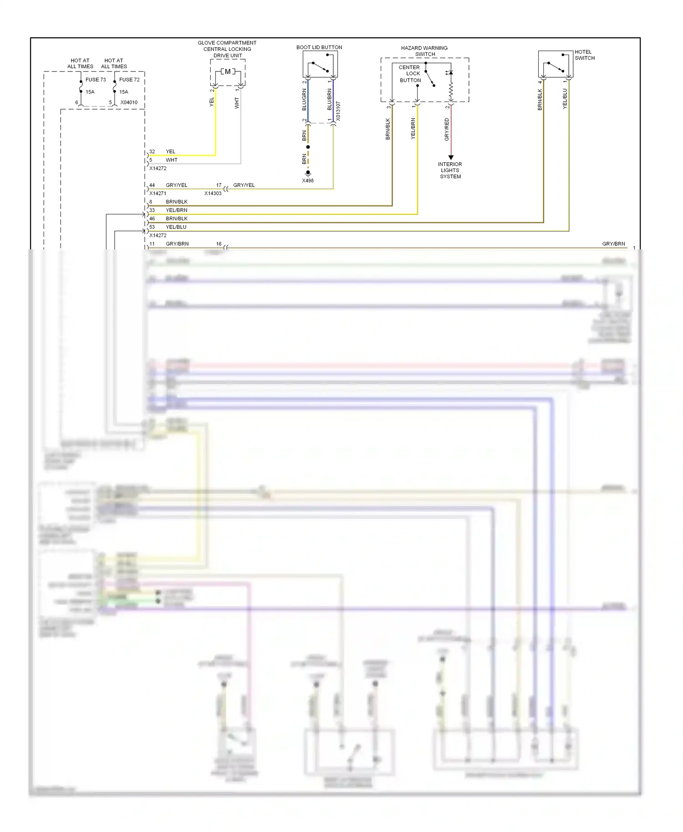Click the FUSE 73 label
[96, 80]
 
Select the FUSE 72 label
[129, 80]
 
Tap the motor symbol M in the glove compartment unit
[228, 71]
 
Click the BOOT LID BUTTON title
[319, 47]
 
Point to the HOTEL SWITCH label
[585, 55]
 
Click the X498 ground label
[308, 181]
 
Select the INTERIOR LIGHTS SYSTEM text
[450, 170]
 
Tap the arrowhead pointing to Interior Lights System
[451, 157]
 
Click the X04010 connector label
[129, 102]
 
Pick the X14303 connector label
[213, 193]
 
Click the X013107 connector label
[338, 111]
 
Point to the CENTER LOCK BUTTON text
[410, 74]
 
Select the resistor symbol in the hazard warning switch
[451, 91]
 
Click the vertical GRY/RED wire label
[447, 129]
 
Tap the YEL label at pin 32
[170, 152]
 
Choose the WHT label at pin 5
[172, 160]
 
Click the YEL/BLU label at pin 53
[176, 227]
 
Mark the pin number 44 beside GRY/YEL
[152, 185]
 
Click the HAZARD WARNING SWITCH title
[424, 51]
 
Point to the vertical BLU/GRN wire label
[304, 100]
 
